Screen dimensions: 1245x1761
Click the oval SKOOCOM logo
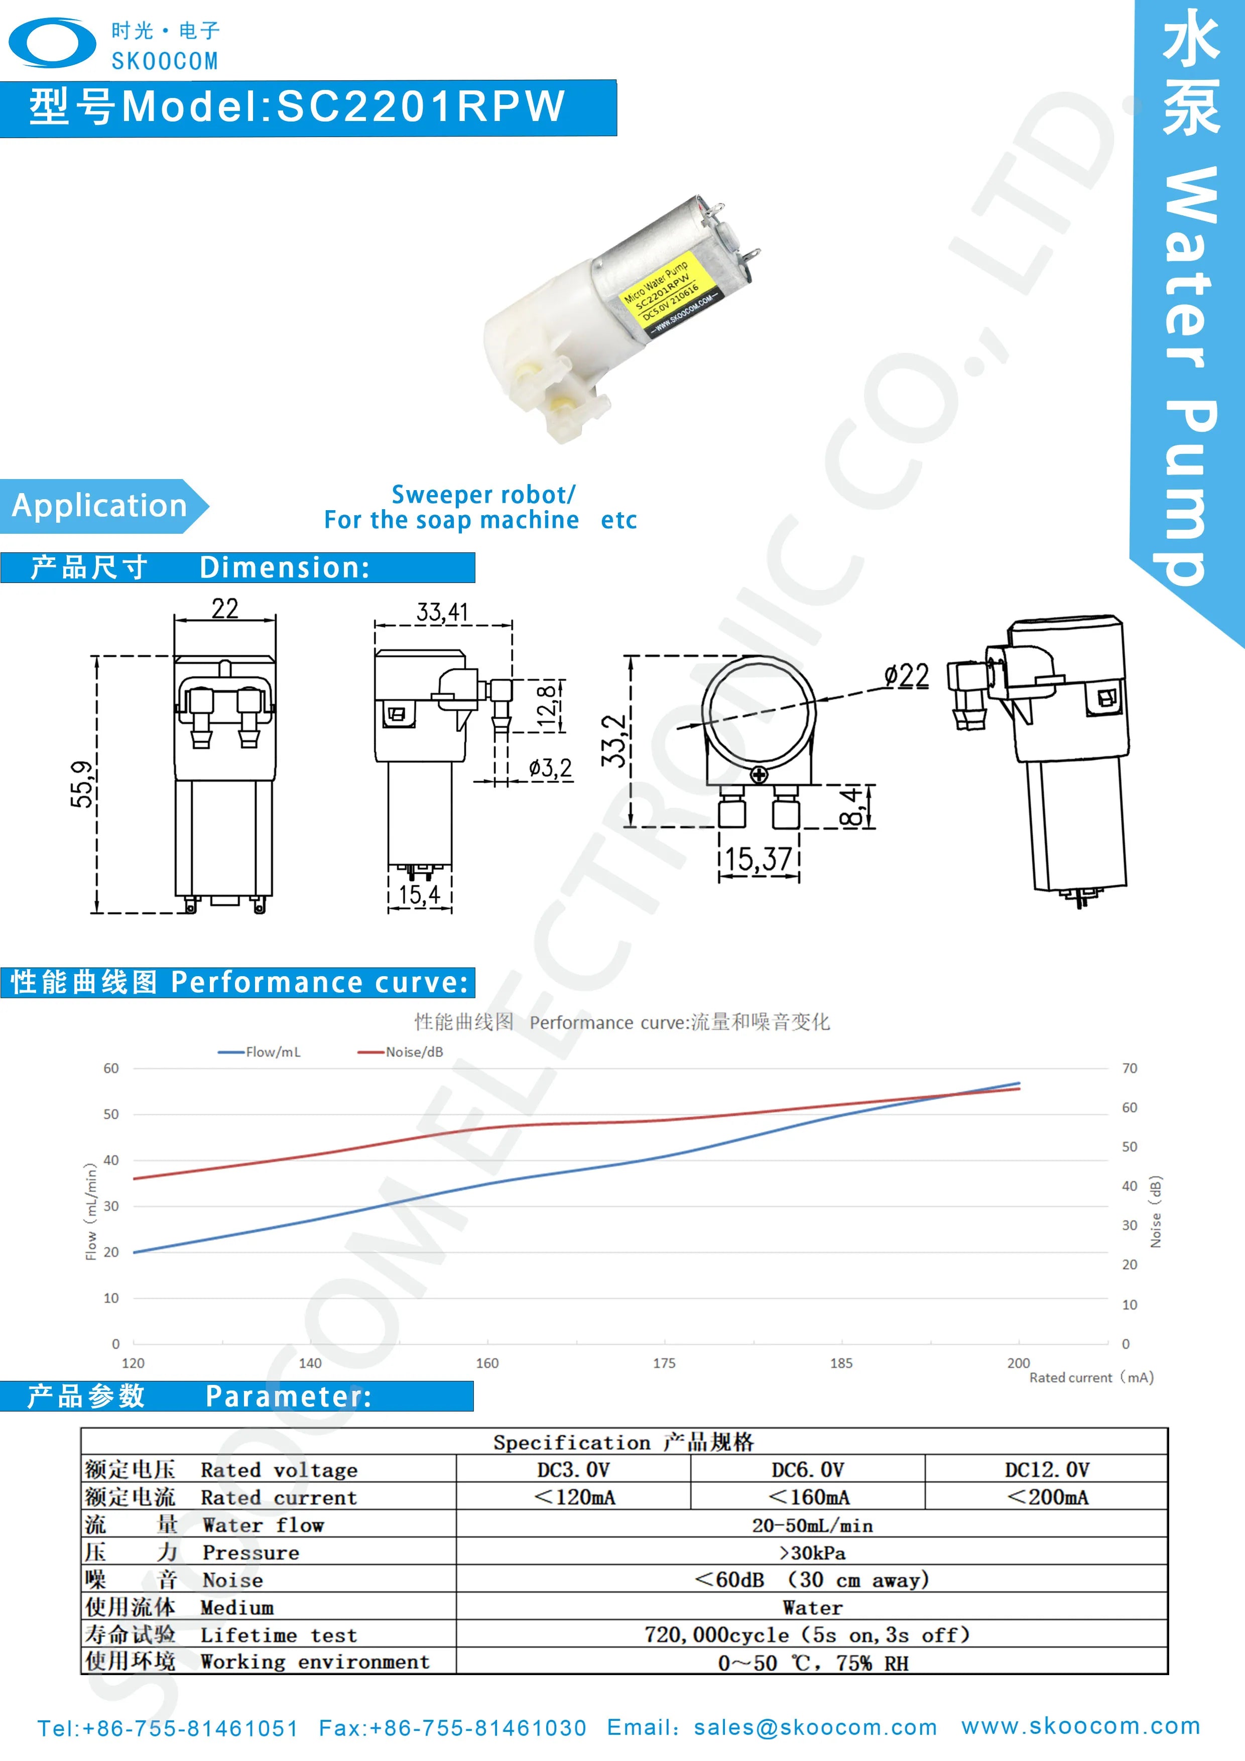(x=52, y=43)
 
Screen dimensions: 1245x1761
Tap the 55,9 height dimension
(x=82, y=784)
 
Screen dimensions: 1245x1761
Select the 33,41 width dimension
(x=442, y=612)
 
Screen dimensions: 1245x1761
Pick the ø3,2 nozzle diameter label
(x=550, y=768)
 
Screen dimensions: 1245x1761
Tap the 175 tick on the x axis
(x=664, y=1363)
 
